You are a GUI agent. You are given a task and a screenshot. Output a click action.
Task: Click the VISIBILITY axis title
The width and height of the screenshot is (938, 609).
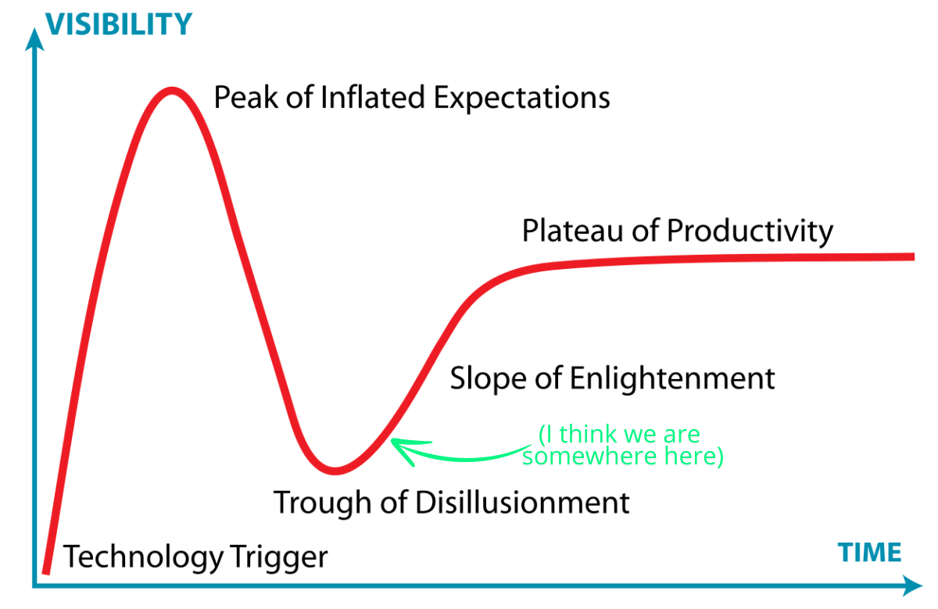pyautogui.click(x=119, y=24)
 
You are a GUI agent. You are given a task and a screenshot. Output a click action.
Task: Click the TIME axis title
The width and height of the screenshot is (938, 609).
pyautogui.click(x=870, y=553)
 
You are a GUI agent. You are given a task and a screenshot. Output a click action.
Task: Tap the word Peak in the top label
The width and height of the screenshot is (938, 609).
pyautogui.click(x=246, y=98)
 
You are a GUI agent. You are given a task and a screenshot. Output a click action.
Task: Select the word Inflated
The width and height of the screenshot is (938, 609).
pyautogui.click(x=373, y=98)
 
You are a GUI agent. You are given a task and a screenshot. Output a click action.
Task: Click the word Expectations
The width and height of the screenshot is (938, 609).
pyautogui.click(x=522, y=99)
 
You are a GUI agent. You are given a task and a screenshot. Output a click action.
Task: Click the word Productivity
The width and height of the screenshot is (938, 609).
pyautogui.click(x=750, y=231)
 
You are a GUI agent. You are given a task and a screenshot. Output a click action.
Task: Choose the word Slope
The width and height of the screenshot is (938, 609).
pyautogui.click(x=488, y=378)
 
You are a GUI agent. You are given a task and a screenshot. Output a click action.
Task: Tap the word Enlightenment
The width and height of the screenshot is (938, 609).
pyautogui.click(x=672, y=379)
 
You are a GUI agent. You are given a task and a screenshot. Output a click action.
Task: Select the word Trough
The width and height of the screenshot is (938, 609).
pyautogui.click(x=322, y=503)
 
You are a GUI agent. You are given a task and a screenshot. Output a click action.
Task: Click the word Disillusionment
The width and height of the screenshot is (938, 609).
pyautogui.click(x=523, y=502)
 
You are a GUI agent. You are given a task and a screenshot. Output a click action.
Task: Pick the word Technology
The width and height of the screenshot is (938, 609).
pyautogui.click(x=143, y=557)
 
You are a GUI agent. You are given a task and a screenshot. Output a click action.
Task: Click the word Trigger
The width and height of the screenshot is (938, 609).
pyautogui.click(x=278, y=557)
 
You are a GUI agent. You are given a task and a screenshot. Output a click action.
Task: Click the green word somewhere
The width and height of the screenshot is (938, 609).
pyautogui.click(x=589, y=457)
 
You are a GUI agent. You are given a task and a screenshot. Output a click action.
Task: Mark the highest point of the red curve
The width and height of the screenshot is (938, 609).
pyautogui.click(x=172, y=90)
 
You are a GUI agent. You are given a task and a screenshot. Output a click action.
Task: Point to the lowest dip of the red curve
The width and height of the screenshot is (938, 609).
pyautogui.click(x=335, y=471)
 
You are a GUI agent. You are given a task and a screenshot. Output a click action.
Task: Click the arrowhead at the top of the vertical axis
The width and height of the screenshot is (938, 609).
pyautogui.click(x=34, y=39)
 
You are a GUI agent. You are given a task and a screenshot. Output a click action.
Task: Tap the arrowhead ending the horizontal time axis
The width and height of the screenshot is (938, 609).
pyautogui.click(x=912, y=586)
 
